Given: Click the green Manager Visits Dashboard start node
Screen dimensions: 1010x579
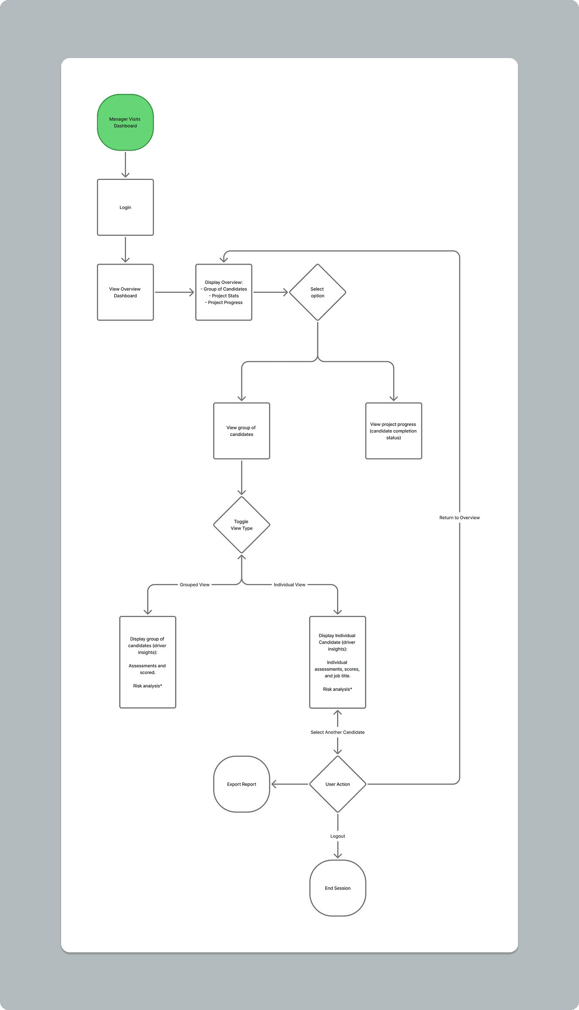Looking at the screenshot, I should (x=125, y=122).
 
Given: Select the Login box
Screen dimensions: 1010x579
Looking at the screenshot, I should (x=125, y=207).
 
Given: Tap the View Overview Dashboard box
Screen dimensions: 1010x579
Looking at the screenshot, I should (x=125, y=292).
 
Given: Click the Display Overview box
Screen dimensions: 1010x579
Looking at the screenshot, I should (x=224, y=292).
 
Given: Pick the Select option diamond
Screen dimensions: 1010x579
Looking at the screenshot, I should (x=317, y=292).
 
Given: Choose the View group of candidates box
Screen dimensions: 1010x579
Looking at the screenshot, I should (x=241, y=431).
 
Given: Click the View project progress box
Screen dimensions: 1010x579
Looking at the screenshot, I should (x=393, y=431).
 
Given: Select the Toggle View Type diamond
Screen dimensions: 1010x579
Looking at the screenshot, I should (x=241, y=525).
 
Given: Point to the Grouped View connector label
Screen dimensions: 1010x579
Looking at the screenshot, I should (x=195, y=585).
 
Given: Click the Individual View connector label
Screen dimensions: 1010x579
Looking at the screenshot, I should (x=289, y=585).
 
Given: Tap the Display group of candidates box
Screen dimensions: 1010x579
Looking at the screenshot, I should (x=148, y=662).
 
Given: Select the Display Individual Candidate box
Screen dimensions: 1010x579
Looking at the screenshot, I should (x=338, y=662).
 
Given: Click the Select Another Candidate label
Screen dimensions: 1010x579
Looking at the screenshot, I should (x=338, y=732).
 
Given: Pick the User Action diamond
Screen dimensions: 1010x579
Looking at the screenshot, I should (x=338, y=784).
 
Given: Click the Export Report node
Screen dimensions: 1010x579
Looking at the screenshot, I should (x=241, y=784).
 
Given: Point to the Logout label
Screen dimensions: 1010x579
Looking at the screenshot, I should (x=338, y=836).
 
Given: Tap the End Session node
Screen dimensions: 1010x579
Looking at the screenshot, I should (x=338, y=888).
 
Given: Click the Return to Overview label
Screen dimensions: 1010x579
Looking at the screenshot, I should (x=459, y=517).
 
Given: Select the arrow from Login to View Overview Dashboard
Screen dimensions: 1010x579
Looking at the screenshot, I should (x=125, y=250).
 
